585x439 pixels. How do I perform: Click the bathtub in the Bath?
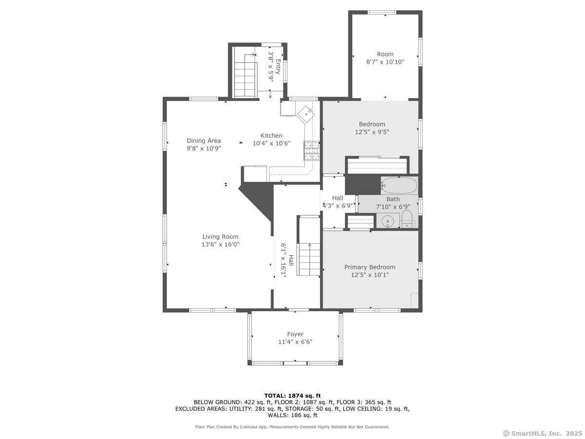(x=399, y=185)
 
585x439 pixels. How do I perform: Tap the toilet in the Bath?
(x=407, y=219)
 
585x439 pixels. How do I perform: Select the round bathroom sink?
(x=388, y=221)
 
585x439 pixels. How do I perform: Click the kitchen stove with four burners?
(x=312, y=151)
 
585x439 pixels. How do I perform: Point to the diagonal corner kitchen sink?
(x=306, y=114)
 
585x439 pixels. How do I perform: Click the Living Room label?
(x=220, y=237)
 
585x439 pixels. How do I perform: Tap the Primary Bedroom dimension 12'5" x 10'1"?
(x=370, y=275)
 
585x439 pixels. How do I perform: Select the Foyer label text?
(x=295, y=334)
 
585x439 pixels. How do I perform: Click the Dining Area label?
(x=204, y=140)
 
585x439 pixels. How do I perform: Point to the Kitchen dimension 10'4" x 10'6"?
(x=272, y=143)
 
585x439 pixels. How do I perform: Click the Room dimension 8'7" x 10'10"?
(x=385, y=62)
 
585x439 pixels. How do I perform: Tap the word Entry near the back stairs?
(x=278, y=67)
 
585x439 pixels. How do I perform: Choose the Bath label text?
(x=393, y=199)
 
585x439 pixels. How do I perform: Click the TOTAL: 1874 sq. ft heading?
(x=292, y=396)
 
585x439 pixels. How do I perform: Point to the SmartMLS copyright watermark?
(x=543, y=433)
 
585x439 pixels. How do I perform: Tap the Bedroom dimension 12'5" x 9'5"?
(x=372, y=132)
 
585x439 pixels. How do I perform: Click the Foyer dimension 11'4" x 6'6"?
(x=295, y=342)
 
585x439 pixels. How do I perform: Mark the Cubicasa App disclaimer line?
(x=292, y=427)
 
